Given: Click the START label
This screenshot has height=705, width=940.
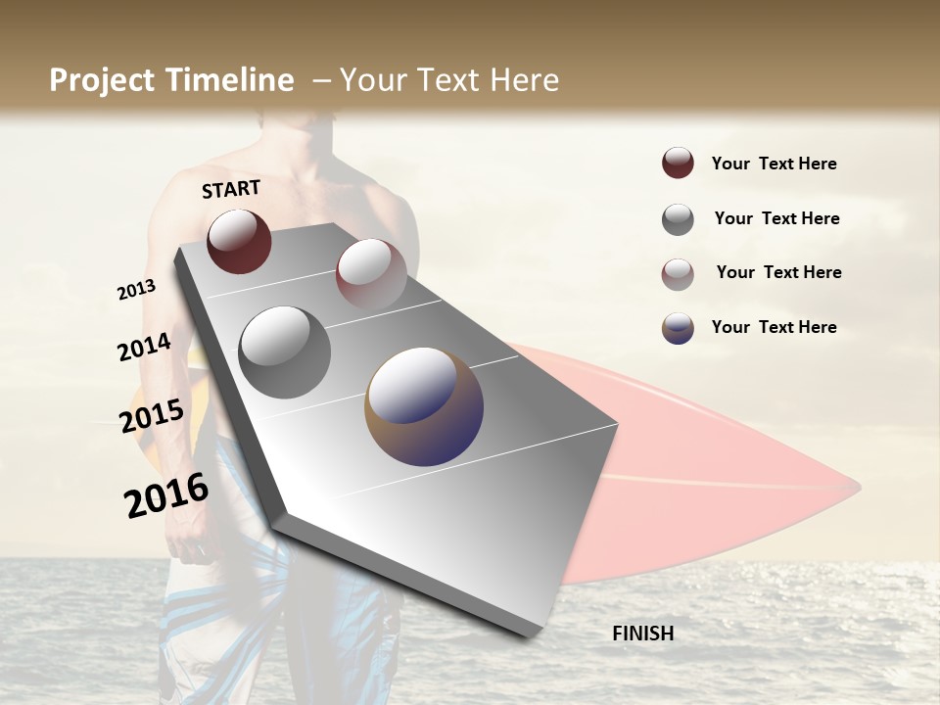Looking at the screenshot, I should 231,189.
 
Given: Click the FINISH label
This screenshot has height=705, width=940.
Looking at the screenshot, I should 642,634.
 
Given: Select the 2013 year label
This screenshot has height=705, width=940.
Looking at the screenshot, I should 136,290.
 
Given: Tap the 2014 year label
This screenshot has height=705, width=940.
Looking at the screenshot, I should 144,348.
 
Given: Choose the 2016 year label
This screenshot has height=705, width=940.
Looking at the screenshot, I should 166,495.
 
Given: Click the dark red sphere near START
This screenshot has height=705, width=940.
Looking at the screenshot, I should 239,241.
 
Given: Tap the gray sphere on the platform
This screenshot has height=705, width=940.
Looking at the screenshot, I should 285,352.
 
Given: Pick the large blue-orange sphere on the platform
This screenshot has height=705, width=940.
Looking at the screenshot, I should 424,406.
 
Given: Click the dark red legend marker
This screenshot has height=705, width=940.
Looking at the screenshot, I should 678,164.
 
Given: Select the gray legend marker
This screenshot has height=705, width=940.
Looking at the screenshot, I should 678,219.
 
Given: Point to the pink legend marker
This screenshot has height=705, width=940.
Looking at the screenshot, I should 678,274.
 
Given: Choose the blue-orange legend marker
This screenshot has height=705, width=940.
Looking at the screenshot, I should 678,328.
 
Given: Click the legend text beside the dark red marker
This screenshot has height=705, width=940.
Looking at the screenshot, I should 774,164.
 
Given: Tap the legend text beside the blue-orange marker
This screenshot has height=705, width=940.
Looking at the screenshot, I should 774,327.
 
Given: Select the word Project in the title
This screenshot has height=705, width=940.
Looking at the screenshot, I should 103,81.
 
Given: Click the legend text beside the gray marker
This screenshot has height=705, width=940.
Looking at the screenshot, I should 776,218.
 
